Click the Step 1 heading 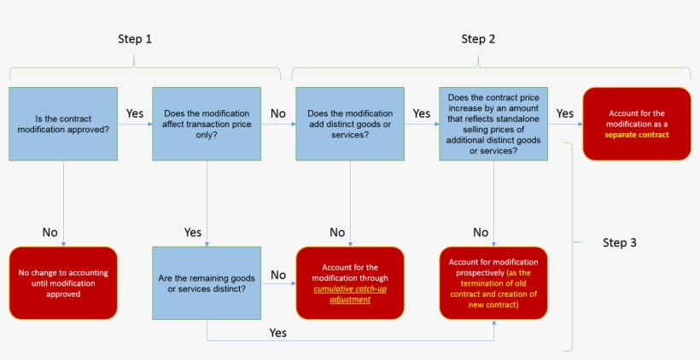click(135, 39)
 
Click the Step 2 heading click(478, 38)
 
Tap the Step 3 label click(619, 242)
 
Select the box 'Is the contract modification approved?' click(63, 124)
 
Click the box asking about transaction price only click(207, 124)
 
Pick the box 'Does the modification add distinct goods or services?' click(350, 124)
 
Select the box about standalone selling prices click(493, 124)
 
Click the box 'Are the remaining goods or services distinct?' click(207, 282)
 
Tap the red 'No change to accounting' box click(63, 282)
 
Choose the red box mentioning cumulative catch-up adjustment click(350, 282)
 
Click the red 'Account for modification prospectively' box click(493, 282)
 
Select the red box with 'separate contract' click(636, 124)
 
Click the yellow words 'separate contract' click(636, 135)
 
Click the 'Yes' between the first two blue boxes click(135, 113)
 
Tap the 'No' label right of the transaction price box click(278, 113)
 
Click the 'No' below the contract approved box click(50, 232)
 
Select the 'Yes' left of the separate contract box click(564, 113)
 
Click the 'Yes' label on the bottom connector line click(278, 332)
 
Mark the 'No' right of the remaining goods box click(278, 275)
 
